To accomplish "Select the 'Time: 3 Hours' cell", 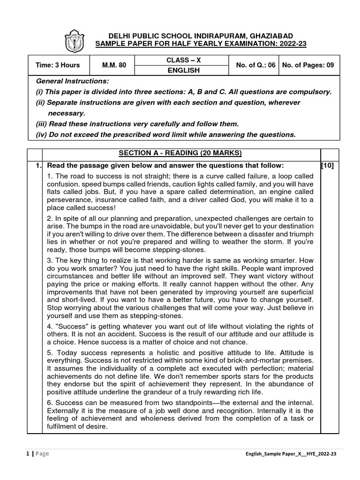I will click(x=58, y=65).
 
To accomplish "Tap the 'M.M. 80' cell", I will click(x=114, y=65).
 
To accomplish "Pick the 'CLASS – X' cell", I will click(x=180, y=60).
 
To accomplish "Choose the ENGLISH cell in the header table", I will click(x=180, y=70).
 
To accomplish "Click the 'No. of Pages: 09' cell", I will click(x=307, y=65).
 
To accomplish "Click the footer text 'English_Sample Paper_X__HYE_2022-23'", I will click(x=290, y=454).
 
